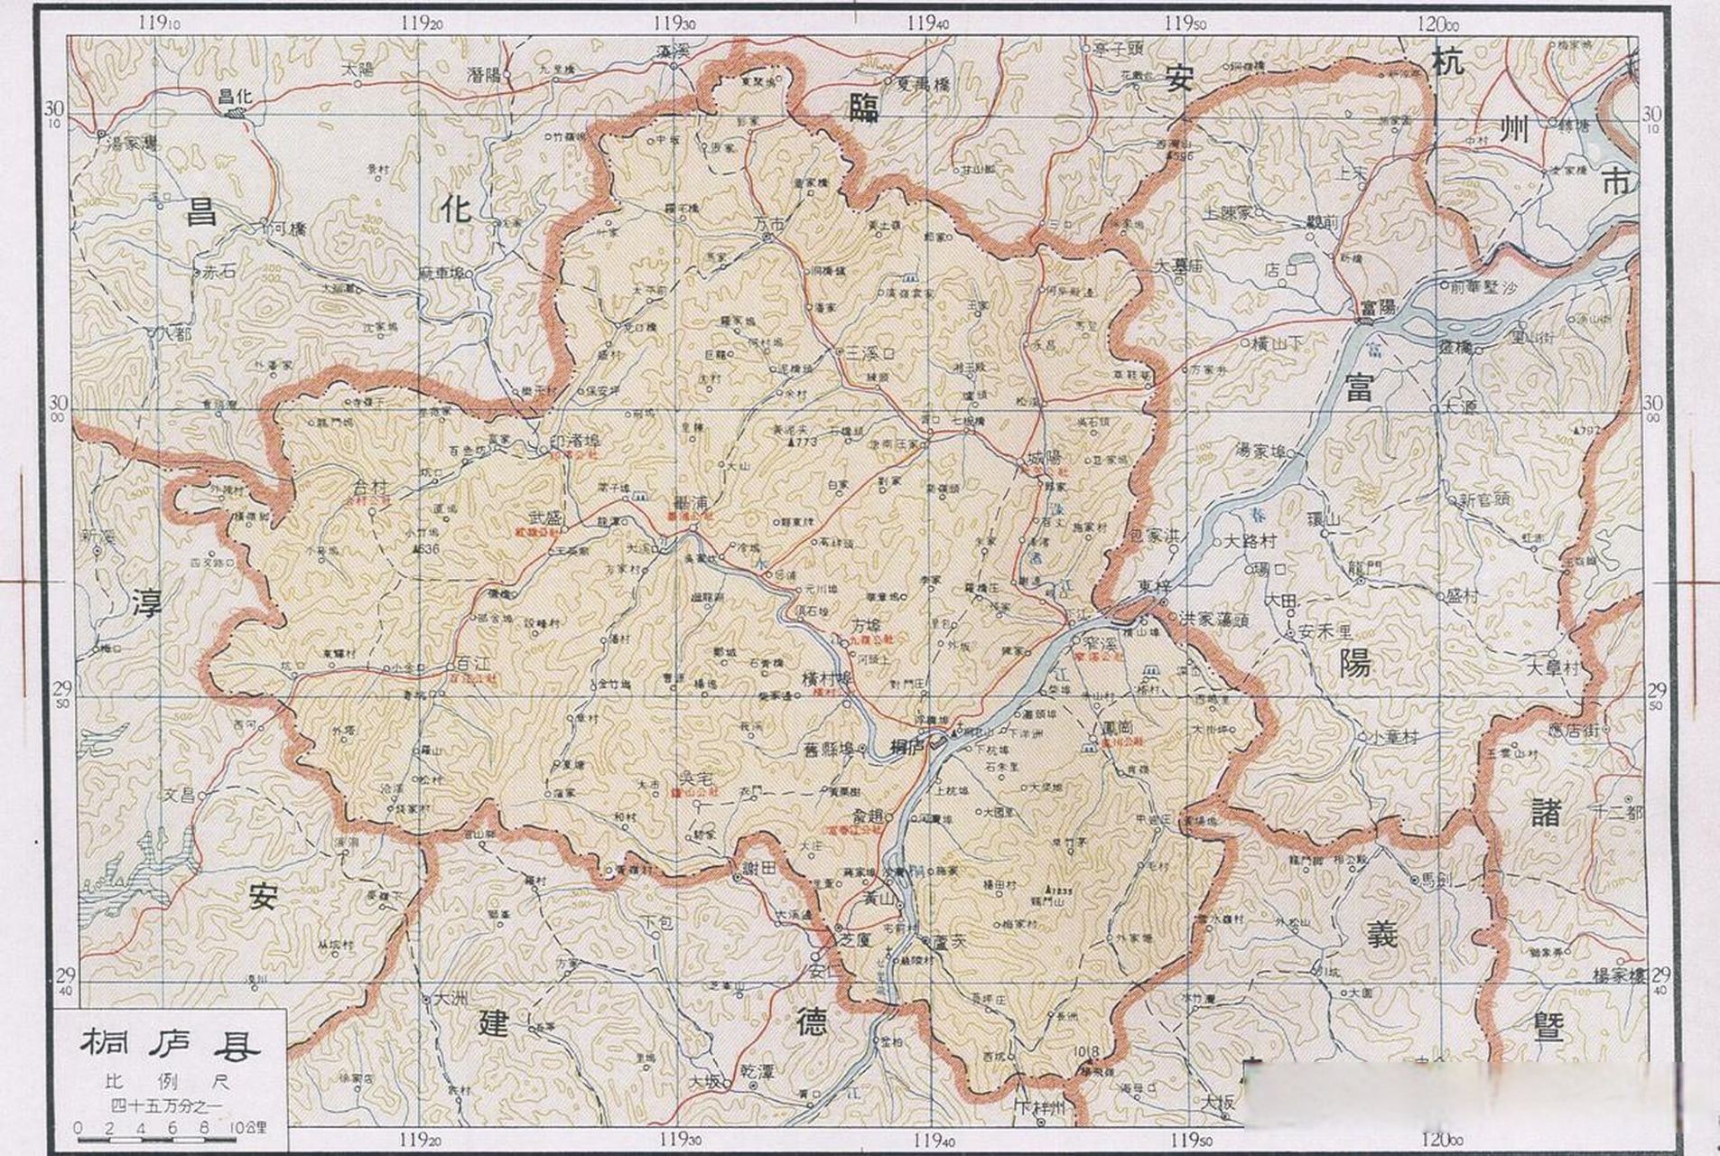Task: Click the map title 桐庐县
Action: click(x=171, y=1045)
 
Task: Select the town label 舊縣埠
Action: click(x=829, y=749)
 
